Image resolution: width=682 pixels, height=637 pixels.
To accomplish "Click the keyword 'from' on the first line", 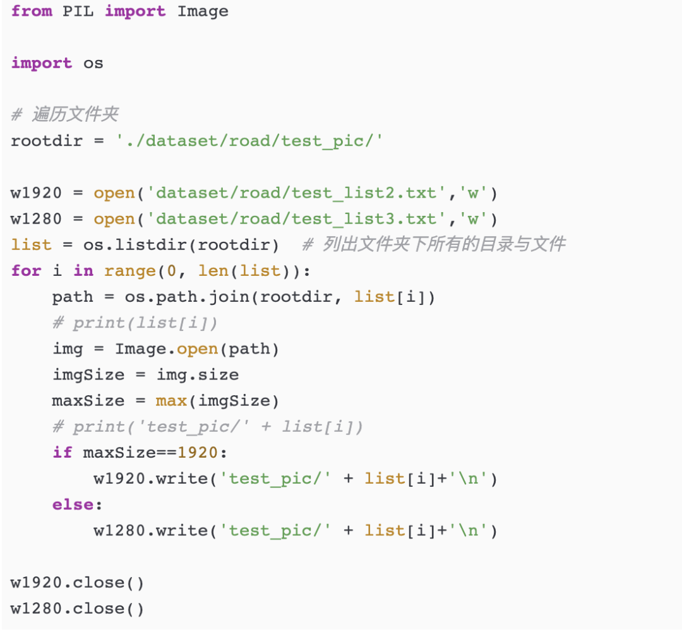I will (32, 11).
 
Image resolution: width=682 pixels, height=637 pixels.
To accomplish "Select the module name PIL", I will (78, 11).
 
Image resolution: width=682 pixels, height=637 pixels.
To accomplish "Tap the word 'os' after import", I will (93, 63).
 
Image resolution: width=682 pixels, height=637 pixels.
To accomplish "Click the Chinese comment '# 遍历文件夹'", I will (64, 115).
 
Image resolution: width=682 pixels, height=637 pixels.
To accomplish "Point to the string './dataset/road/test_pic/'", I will (250, 140).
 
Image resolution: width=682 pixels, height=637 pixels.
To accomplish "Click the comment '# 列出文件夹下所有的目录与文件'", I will (434, 244).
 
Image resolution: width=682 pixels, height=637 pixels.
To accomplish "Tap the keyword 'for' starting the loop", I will (26, 271).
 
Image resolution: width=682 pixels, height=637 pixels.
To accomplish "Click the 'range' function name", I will (129, 271).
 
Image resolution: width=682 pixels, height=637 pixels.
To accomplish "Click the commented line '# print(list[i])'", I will (135, 323).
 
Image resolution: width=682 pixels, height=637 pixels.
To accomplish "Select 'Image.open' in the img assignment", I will (166, 348).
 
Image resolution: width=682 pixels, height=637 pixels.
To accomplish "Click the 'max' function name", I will (171, 400).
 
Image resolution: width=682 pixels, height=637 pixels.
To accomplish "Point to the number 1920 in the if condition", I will (198, 452).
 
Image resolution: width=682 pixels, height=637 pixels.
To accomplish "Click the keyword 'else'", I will (73, 504).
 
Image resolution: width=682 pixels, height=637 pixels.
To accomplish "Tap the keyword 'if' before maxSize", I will (63, 452).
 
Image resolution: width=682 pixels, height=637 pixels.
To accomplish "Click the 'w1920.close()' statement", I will (78, 582).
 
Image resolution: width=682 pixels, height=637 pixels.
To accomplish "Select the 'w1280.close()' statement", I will (78, 609).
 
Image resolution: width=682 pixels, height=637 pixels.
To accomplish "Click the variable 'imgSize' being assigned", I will (88, 374).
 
